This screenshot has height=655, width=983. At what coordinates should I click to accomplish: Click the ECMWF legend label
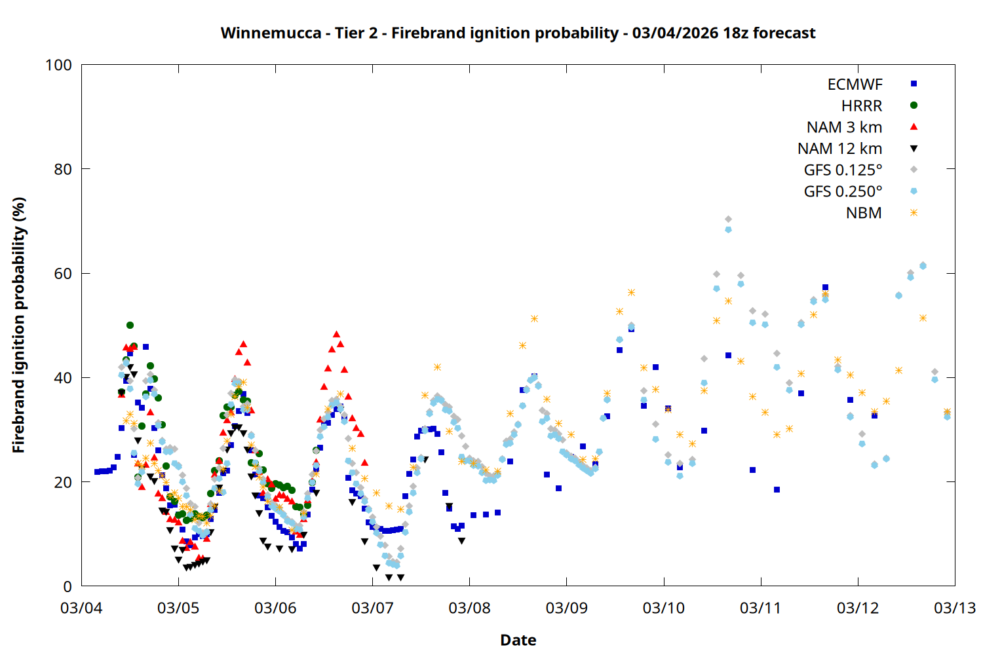(855, 84)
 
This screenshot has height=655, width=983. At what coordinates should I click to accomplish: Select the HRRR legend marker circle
(914, 105)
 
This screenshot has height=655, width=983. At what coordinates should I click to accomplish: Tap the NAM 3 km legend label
(844, 127)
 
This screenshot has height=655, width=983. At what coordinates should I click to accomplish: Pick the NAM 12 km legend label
(839, 149)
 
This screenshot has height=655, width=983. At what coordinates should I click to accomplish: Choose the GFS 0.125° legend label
(843, 170)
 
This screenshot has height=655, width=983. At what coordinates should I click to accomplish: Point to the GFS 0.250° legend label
(843, 192)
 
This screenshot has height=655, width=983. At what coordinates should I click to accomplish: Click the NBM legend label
(864, 213)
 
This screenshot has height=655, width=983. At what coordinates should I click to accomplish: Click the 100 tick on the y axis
(58, 65)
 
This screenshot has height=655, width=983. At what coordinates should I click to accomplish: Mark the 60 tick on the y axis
(63, 273)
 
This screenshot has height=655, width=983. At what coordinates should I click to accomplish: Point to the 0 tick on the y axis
(67, 586)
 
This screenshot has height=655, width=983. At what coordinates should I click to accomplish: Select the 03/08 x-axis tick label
(469, 608)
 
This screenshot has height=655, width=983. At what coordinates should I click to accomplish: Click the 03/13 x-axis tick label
(954, 608)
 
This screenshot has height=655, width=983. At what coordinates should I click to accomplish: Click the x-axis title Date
(518, 640)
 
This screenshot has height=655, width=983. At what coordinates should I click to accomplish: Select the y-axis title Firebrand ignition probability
(19, 325)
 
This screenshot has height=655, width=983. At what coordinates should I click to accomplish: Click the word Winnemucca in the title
(271, 33)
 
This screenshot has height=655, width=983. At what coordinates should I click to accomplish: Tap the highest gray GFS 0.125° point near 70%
(728, 219)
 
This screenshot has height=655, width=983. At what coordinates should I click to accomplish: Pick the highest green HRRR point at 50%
(130, 325)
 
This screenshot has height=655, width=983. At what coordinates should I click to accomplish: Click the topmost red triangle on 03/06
(336, 334)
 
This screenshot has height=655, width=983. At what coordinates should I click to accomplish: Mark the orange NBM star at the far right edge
(947, 411)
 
